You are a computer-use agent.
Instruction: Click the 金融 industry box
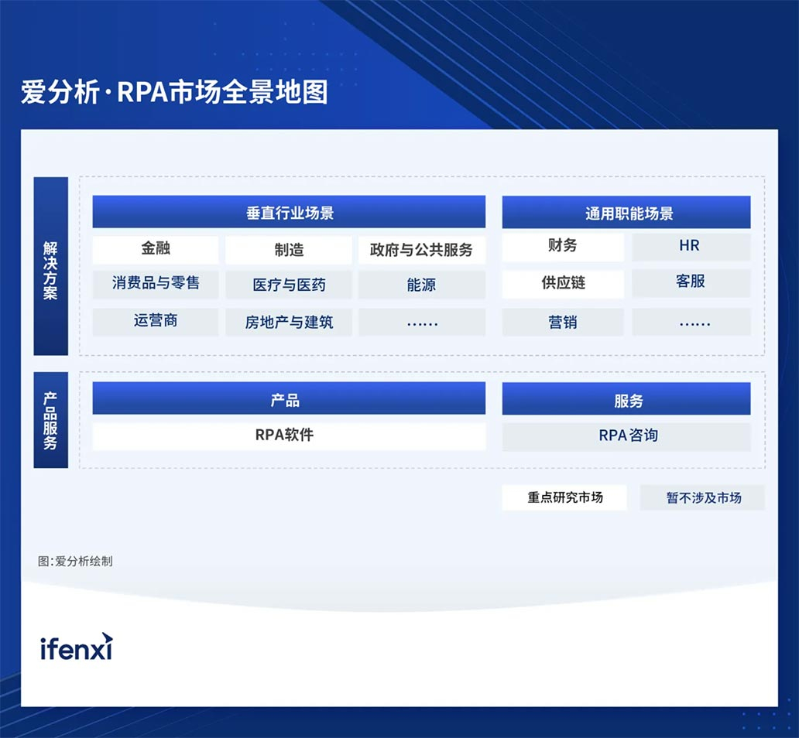(x=156, y=249)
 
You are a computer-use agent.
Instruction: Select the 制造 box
(x=289, y=250)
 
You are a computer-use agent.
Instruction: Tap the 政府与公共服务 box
(x=421, y=250)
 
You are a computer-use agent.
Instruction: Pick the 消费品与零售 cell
(x=156, y=284)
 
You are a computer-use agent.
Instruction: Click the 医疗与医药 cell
(x=289, y=285)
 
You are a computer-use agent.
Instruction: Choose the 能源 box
(x=421, y=285)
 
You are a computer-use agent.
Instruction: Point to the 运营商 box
(x=156, y=321)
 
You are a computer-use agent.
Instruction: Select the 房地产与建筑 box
(x=289, y=322)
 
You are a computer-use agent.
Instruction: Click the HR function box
(x=691, y=247)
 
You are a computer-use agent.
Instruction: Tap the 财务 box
(x=563, y=247)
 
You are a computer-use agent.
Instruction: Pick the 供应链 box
(x=563, y=284)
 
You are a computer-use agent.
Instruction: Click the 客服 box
(x=691, y=283)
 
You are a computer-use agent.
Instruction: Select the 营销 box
(x=563, y=322)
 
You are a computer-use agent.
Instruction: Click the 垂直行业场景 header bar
(x=289, y=212)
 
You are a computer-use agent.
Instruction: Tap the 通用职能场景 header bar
(x=626, y=213)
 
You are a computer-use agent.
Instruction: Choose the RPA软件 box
(x=289, y=436)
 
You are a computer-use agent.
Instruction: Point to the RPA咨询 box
(x=626, y=436)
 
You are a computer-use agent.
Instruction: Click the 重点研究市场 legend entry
(x=564, y=497)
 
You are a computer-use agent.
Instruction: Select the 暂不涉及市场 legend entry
(x=702, y=497)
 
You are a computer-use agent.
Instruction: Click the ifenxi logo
(x=77, y=647)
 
